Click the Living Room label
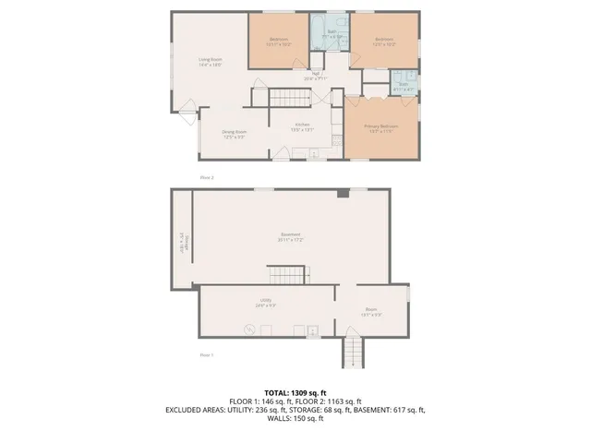211,59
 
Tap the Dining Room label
233,132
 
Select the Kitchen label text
302,125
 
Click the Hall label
316,73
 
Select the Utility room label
266,300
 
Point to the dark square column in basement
343,193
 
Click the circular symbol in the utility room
248,328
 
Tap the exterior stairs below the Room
352,352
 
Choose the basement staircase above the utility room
287,274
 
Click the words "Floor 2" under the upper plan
207,175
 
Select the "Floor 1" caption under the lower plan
207,354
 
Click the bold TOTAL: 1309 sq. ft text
295,393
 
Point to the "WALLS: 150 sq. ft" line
295,418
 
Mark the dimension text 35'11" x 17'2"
291,240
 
